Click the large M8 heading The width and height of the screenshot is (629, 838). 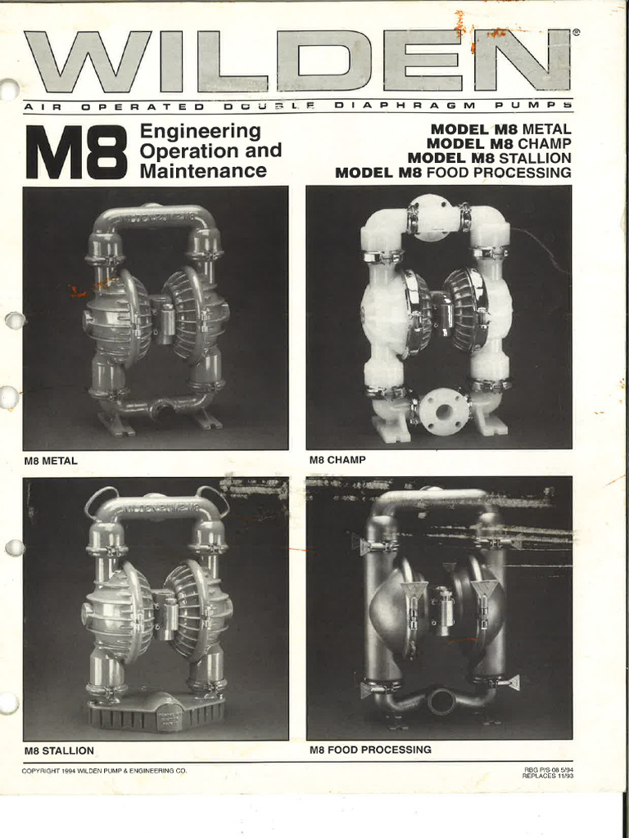(x=76, y=152)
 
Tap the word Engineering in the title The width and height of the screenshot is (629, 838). (x=200, y=132)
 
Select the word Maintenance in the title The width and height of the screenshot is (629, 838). (x=203, y=171)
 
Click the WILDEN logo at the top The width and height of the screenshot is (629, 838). (x=296, y=61)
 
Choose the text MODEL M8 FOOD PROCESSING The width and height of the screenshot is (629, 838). (x=453, y=173)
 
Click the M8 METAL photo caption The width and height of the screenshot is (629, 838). (x=51, y=461)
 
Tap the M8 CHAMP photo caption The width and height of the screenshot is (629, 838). (x=337, y=461)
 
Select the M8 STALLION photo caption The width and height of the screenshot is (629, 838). (x=58, y=750)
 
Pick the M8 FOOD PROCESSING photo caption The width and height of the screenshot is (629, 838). (x=370, y=750)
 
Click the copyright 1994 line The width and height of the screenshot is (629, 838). (x=104, y=771)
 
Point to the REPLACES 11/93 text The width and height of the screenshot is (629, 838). (x=546, y=776)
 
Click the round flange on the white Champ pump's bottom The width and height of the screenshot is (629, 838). (x=444, y=412)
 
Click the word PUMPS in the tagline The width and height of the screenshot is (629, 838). (x=533, y=106)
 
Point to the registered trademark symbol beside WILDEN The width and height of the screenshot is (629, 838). (x=577, y=34)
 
